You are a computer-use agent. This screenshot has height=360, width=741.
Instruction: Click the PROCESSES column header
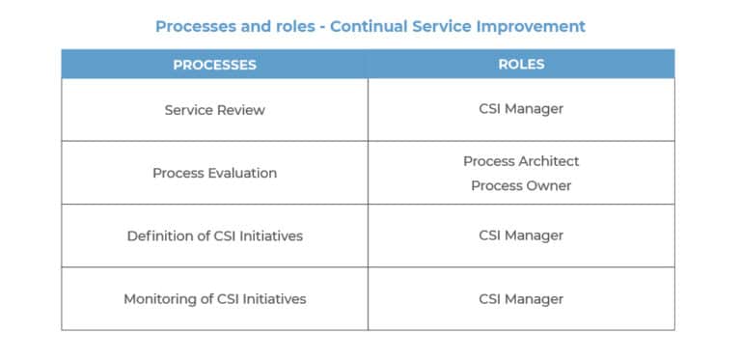(214, 65)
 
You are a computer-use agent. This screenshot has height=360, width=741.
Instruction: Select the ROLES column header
(521, 65)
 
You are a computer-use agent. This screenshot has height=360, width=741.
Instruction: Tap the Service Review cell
(214, 110)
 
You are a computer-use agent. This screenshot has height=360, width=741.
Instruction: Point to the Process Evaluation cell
(214, 174)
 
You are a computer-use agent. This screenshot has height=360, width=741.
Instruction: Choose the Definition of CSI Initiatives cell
(214, 235)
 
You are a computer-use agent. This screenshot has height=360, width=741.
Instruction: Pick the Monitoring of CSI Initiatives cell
(214, 299)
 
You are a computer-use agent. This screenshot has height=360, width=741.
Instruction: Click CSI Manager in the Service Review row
(521, 109)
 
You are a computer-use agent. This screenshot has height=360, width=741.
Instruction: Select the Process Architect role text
(521, 161)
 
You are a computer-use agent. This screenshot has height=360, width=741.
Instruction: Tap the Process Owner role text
(521, 185)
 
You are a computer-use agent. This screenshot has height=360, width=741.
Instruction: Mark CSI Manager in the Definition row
(521, 235)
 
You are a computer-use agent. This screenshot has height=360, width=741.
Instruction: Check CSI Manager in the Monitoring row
(521, 299)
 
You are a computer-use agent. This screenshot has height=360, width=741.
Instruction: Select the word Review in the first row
(241, 110)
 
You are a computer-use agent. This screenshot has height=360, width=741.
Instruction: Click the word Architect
(549, 161)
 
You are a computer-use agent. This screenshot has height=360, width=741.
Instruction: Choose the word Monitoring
(160, 299)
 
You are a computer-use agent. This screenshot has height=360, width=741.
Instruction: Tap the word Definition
(161, 235)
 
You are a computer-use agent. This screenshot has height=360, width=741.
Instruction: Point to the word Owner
(549, 185)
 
